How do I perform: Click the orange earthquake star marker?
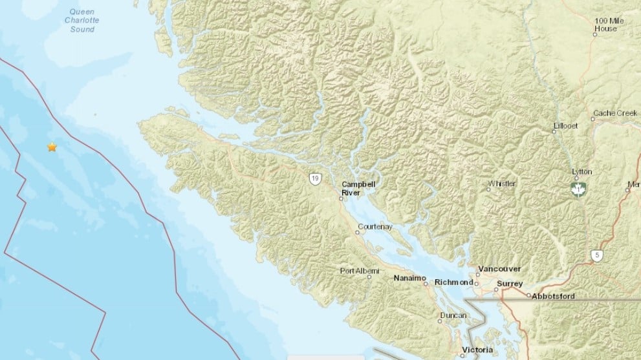[x=52, y=147]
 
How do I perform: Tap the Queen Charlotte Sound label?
[x=82, y=20]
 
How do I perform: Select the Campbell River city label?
[x=358, y=188]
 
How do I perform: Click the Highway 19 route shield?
[x=314, y=179]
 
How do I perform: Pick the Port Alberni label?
[x=359, y=271]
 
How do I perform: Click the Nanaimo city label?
[x=410, y=278]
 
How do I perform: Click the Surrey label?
[x=510, y=284]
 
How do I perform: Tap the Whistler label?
[x=502, y=184]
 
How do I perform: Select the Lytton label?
[x=582, y=172]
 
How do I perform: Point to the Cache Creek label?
[x=615, y=112]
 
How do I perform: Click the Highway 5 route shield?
[x=596, y=256]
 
